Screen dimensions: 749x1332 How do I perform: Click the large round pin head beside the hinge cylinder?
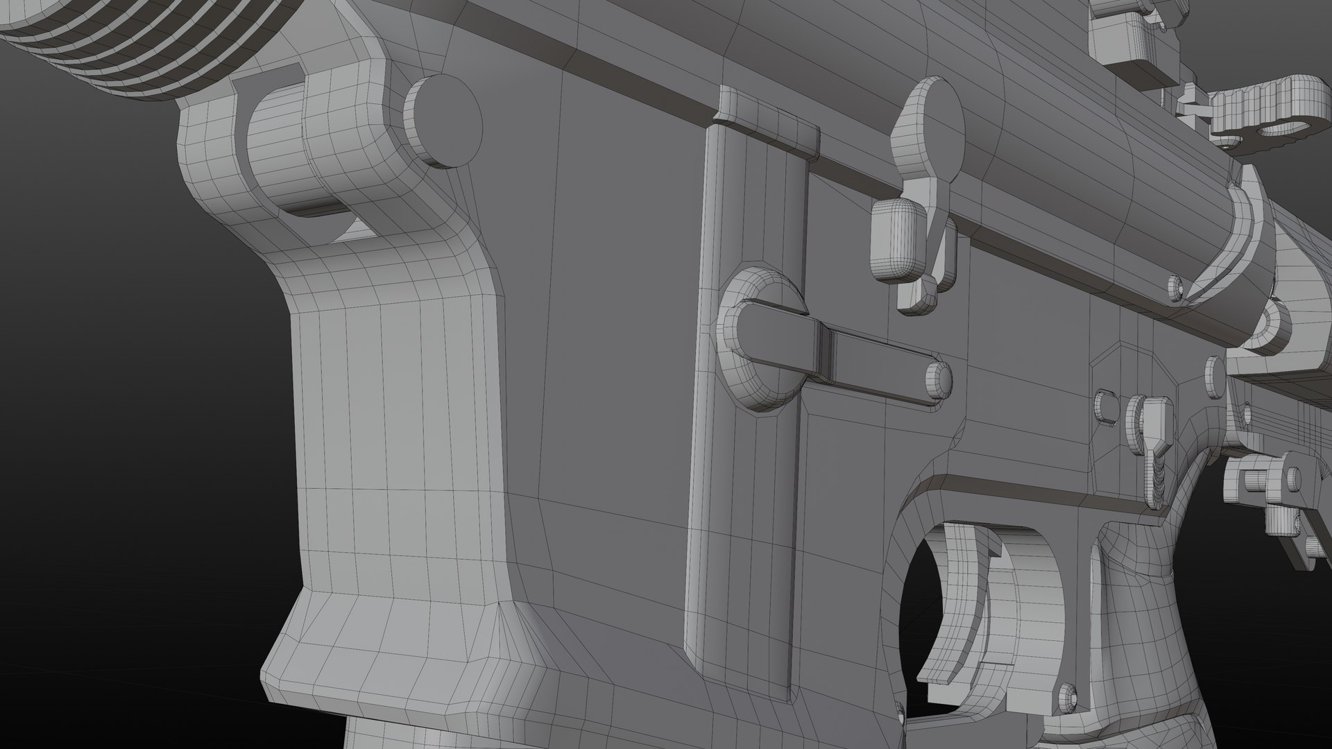tap(445, 121)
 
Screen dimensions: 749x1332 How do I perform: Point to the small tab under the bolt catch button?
tap(919, 295)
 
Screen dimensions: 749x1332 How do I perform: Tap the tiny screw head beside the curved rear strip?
tap(1175, 284)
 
